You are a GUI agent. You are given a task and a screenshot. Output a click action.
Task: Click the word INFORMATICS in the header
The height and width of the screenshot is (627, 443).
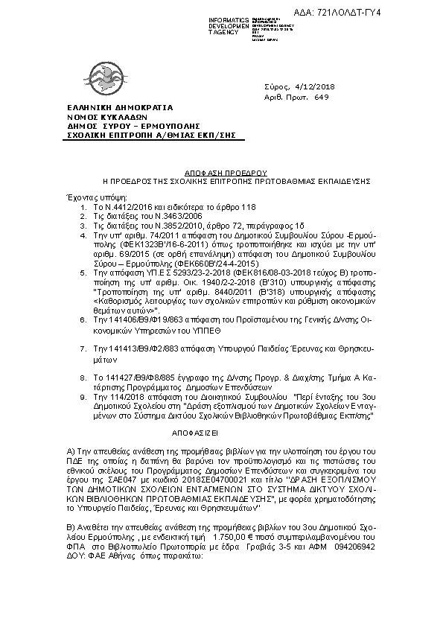coord(229,19)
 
